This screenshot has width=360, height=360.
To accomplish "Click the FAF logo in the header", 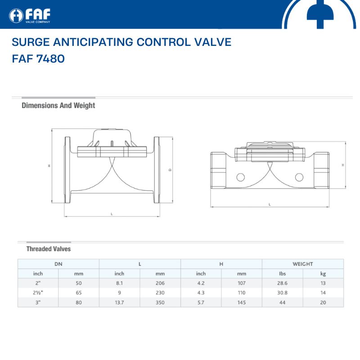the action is [30, 16].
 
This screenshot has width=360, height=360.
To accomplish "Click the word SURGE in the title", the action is [31, 42].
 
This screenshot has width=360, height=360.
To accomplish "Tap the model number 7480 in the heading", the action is [50, 58].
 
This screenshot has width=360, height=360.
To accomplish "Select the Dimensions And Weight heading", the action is [58, 105].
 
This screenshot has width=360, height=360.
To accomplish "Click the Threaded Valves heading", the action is [49, 249].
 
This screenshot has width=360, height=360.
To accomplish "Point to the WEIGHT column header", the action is [302, 264].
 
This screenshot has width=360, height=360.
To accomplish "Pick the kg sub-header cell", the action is [323, 274].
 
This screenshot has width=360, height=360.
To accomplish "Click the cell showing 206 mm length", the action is [160, 283].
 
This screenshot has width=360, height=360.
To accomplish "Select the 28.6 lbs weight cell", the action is [282, 283].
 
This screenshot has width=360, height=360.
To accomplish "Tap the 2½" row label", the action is [38, 293].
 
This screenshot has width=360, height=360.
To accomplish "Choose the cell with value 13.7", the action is [119, 302].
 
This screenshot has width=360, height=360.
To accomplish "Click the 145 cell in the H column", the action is [242, 302].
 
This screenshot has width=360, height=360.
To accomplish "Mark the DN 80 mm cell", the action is [79, 302].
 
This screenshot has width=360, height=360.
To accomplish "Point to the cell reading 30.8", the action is [282, 293].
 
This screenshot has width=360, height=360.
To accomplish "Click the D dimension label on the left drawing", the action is [170, 170].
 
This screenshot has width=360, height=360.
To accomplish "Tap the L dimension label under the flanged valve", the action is [112, 214].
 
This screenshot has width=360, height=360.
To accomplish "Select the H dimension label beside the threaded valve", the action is [343, 165].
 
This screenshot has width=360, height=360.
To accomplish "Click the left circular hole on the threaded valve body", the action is [241, 177].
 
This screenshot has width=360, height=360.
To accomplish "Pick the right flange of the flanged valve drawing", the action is [157, 170].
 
